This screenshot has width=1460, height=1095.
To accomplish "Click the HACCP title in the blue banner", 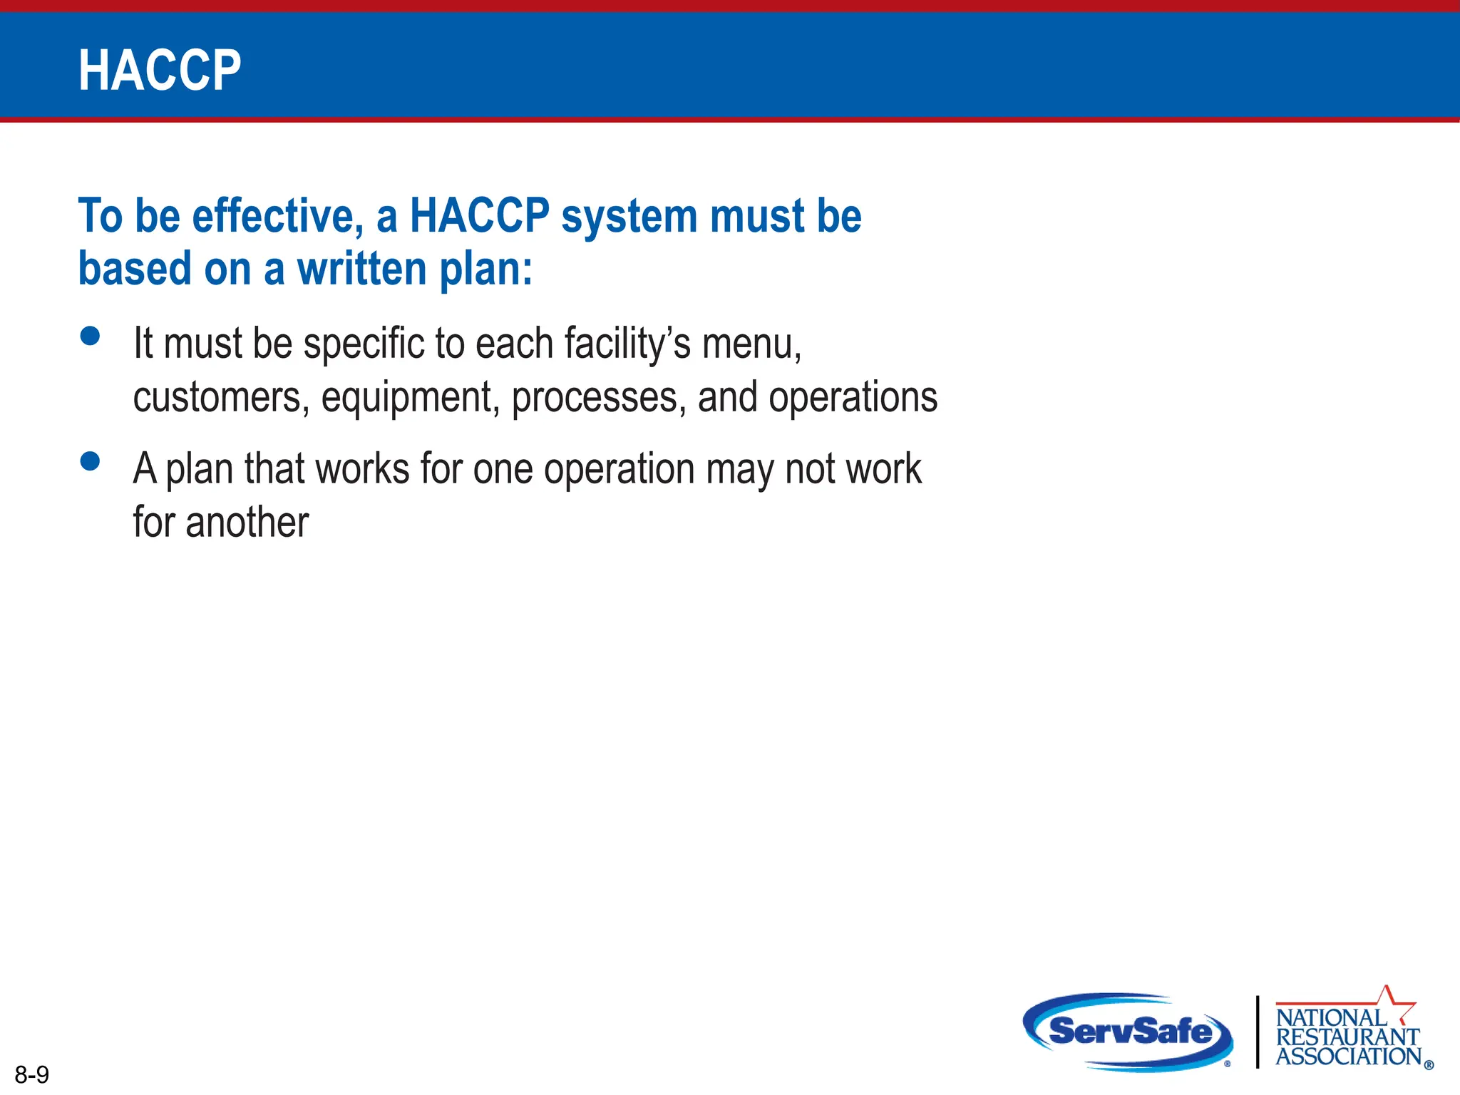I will (x=160, y=71).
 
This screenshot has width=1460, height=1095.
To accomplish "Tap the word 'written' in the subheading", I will (x=361, y=269).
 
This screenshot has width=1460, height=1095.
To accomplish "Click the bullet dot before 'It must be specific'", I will (x=91, y=336).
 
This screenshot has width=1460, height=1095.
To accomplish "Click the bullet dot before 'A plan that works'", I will (x=91, y=461).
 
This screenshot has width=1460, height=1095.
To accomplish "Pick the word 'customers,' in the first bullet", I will (x=221, y=398).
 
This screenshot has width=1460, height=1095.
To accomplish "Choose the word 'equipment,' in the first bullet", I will (x=410, y=398).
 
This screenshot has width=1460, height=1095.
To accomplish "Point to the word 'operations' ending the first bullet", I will (x=853, y=398).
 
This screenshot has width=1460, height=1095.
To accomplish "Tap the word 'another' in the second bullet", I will (x=247, y=523).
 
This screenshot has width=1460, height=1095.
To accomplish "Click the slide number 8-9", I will (x=32, y=1074).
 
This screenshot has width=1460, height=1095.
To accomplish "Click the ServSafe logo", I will (x=1129, y=1032).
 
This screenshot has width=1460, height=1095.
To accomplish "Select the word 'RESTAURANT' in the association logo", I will (x=1347, y=1037).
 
